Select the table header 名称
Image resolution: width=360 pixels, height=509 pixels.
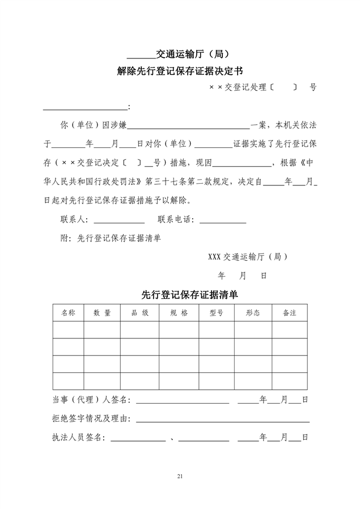point(68,313)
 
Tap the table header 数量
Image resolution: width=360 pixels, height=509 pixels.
point(102,313)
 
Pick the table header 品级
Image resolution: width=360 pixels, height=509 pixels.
point(139,313)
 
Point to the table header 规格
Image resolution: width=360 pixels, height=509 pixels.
point(179,313)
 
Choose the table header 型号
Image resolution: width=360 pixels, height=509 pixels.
point(216,313)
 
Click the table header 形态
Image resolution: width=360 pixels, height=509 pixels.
point(253,313)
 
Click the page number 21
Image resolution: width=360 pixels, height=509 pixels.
point(180,475)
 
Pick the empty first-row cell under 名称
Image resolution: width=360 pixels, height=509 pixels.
point(68,330)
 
